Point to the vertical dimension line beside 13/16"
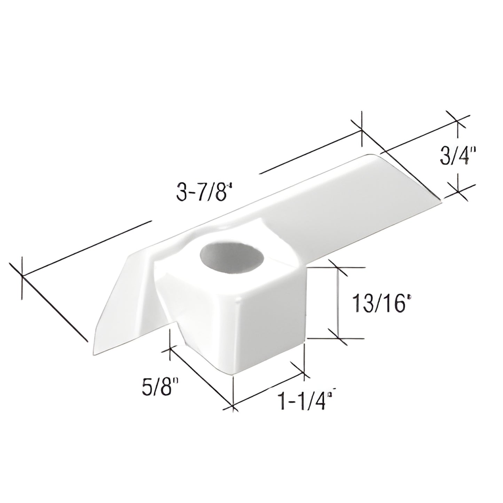(337, 303)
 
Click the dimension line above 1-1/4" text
(268, 390)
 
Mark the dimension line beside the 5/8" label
(200, 376)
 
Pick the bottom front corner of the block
(233, 375)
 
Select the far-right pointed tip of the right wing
(440, 200)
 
